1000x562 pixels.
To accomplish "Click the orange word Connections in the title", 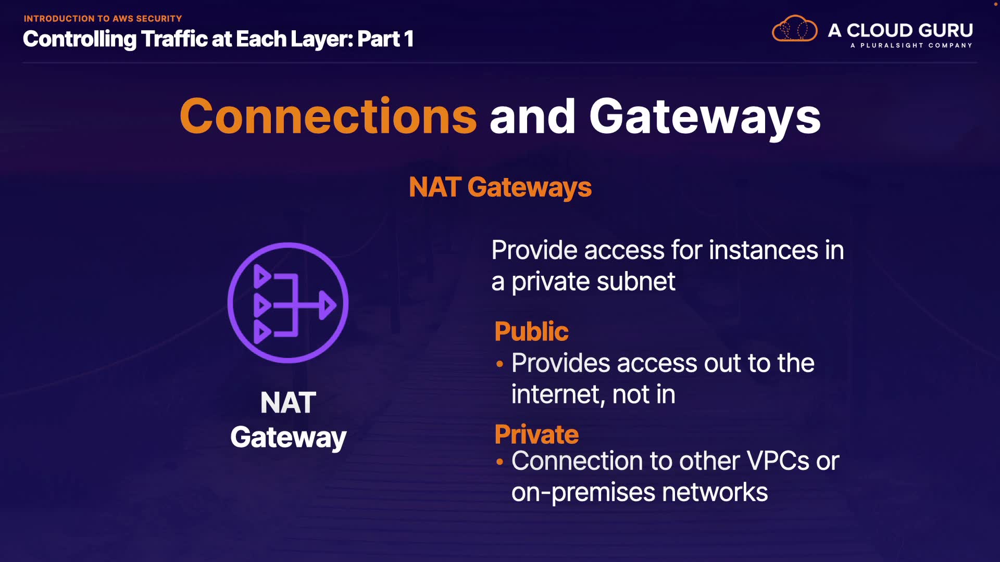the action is click(328, 117).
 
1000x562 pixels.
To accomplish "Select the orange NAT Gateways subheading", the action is click(500, 187).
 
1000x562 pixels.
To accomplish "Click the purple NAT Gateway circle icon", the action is click(288, 303).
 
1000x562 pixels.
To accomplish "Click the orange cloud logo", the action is click(794, 29).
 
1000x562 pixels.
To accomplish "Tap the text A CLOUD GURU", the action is click(900, 30).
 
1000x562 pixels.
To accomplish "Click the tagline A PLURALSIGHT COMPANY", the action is click(911, 45).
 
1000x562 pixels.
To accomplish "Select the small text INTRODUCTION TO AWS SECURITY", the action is click(103, 19).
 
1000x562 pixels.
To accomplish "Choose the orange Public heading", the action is click(531, 331).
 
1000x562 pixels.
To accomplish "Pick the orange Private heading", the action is click(536, 435).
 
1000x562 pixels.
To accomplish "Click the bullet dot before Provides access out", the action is click(500, 364).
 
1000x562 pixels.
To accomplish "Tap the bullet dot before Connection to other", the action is click(500, 462).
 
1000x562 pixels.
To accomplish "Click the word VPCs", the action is click(778, 461).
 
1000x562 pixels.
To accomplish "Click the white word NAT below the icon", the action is click(288, 403).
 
